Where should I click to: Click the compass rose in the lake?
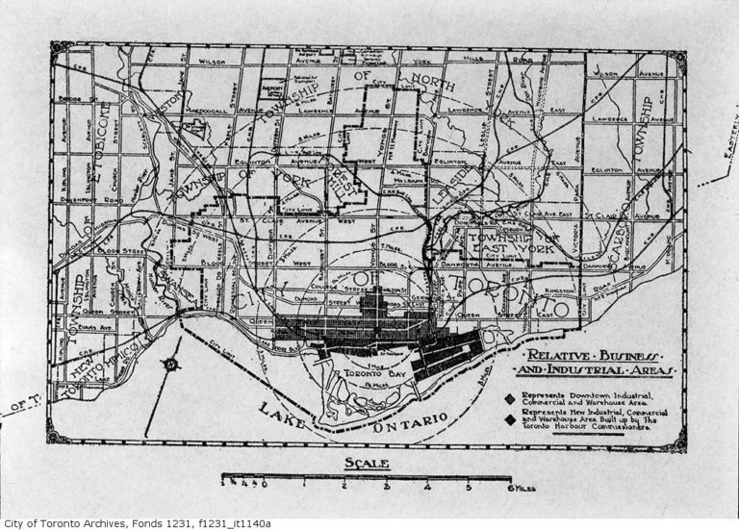coord(169,365)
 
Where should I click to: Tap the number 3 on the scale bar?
coord(385,488)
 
